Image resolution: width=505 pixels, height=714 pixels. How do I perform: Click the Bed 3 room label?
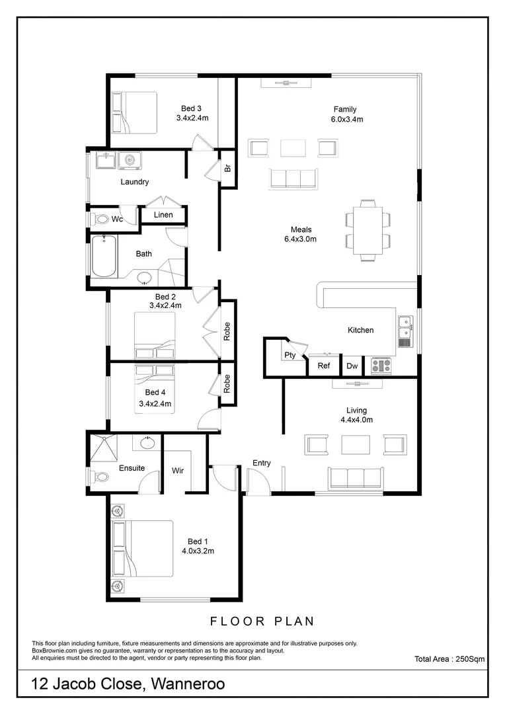click(x=192, y=109)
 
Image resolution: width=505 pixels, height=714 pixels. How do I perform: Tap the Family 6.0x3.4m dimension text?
click(x=347, y=120)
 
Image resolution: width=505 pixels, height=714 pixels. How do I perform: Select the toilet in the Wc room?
click(x=99, y=219)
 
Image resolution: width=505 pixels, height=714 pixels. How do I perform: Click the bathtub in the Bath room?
click(x=104, y=257)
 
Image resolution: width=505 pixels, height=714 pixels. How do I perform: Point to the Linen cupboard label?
click(x=163, y=215)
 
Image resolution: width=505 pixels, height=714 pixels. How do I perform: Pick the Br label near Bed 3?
click(x=227, y=168)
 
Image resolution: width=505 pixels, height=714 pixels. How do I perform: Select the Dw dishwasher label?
click(x=352, y=365)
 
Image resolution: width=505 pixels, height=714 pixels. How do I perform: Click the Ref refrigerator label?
click(x=324, y=365)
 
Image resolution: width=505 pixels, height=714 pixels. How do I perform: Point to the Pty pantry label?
click(x=290, y=355)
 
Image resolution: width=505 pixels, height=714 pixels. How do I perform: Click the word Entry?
click(x=262, y=463)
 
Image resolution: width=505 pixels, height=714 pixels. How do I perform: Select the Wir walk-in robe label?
click(x=177, y=471)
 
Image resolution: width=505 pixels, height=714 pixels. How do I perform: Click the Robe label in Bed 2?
click(x=227, y=331)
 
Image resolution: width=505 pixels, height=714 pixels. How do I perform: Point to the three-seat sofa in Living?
click(x=356, y=477)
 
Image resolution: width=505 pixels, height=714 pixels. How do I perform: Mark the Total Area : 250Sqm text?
click(x=449, y=658)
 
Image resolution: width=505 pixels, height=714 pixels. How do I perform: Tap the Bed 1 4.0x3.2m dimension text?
click(x=198, y=550)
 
